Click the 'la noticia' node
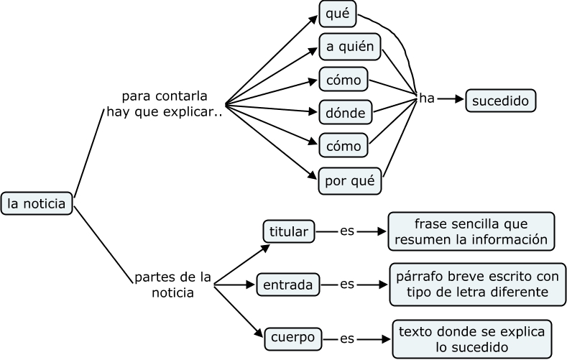pyautogui.click(x=37, y=204)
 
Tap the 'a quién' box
pyautogui.click(x=349, y=47)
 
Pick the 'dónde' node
pyautogui.click(x=345, y=112)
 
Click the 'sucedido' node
pyautogui.click(x=501, y=100)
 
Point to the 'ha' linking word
pyautogui.click(x=427, y=98)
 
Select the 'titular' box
pyautogui.click(x=288, y=231)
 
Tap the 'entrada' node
pyautogui.click(x=287, y=285)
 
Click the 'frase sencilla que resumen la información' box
pyautogui.click(x=471, y=231)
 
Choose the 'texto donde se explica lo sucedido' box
pyautogui.click(x=472, y=339)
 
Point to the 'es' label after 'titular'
pyautogui.click(x=348, y=231)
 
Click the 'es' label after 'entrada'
pyautogui.click(x=347, y=284)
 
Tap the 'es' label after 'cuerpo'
pyautogui.click(x=348, y=337)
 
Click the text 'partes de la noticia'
pyautogui.click(x=172, y=285)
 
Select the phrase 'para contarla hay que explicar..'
pyautogui.click(x=165, y=103)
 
